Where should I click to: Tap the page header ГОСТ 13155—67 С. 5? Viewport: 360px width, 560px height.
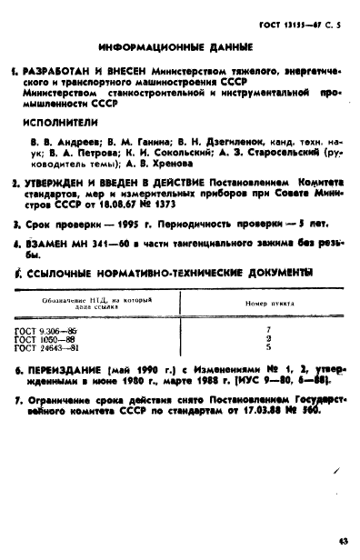click(x=301, y=14)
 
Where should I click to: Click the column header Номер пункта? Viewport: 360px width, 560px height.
click(x=267, y=304)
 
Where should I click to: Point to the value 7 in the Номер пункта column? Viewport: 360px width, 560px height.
click(x=268, y=330)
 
